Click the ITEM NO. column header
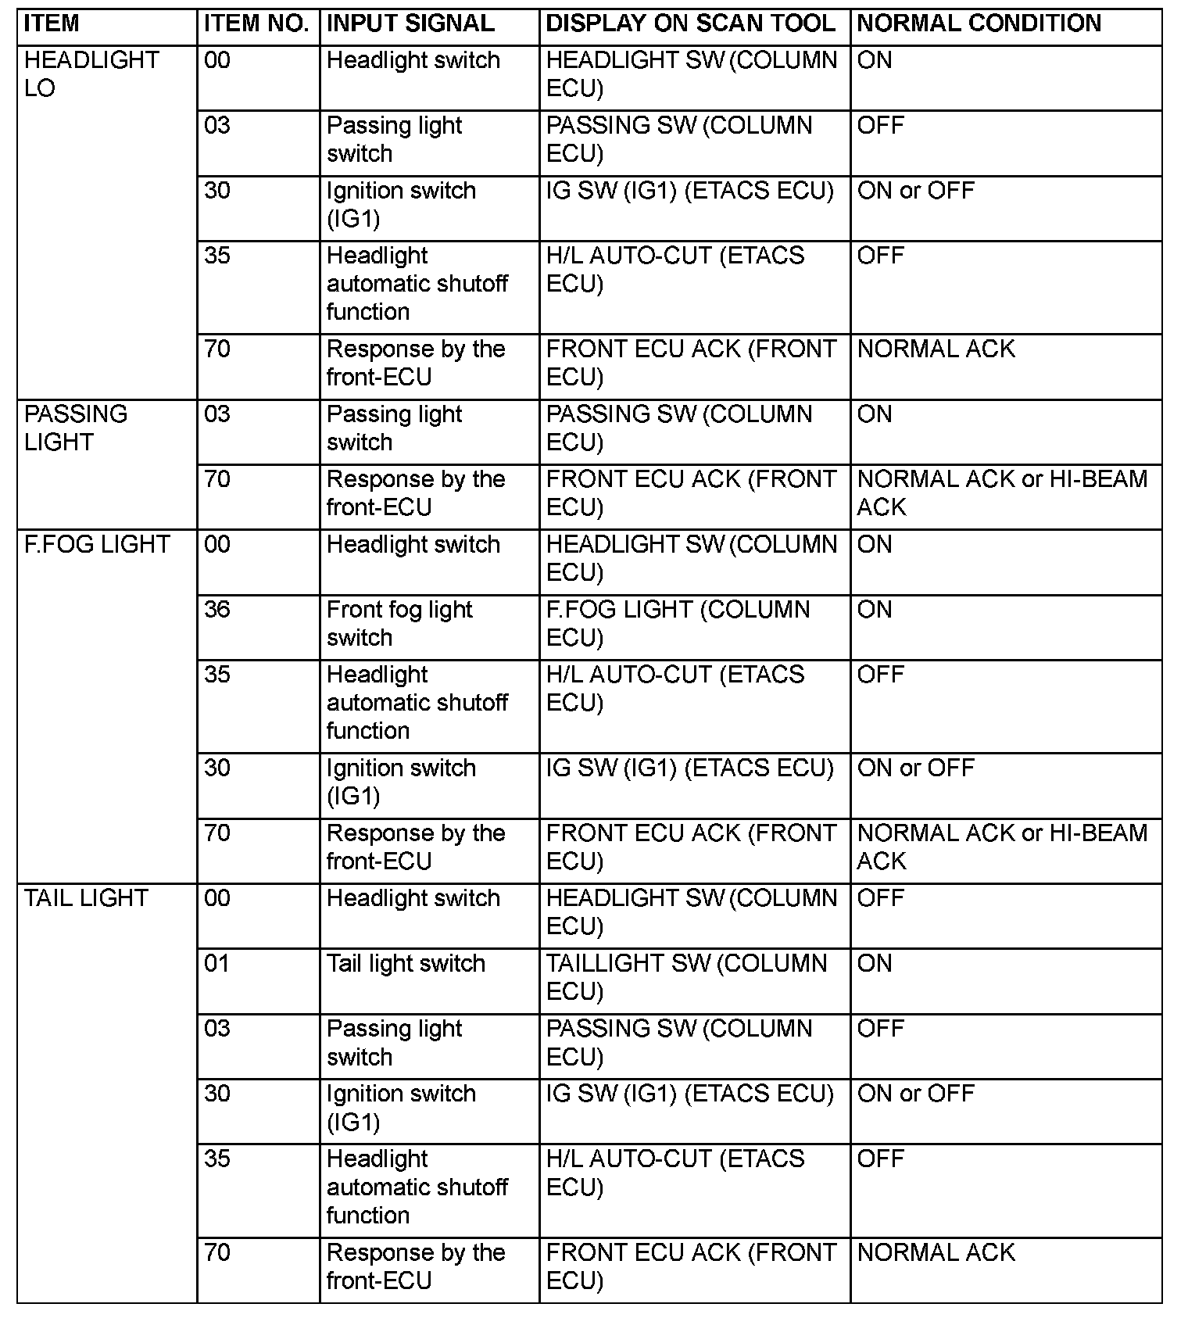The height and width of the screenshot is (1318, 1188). pos(256,23)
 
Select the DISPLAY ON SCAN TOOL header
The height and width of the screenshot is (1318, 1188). pos(690,23)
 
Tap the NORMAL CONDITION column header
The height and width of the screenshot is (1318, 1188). pos(979,23)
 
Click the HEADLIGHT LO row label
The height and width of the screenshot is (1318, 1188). pos(91,73)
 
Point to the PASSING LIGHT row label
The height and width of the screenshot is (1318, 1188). pos(76,428)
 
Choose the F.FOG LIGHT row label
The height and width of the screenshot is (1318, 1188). pos(97,544)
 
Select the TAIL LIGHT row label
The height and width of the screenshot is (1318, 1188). pos(86,898)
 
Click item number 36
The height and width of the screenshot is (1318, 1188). pos(217,609)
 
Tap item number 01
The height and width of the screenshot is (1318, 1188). pos(217,963)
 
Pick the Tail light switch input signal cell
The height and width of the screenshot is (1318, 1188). pos(406,963)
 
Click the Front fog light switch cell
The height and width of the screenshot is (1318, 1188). pos(399,623)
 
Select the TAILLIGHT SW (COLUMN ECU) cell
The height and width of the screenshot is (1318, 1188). pos(686,977)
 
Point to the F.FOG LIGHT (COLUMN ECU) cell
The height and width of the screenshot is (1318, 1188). pos(678,623)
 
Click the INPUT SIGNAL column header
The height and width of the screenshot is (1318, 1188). pos(410,23)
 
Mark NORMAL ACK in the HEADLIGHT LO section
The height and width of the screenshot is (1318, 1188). pos(936,349)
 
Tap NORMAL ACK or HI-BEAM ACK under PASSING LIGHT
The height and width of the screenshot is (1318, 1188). pos(1001,492)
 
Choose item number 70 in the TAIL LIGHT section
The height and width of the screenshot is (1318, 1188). pos(217,1252)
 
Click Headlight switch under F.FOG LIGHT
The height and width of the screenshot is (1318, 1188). pos(413,544)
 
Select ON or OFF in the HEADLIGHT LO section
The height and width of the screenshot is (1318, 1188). pos(915,191)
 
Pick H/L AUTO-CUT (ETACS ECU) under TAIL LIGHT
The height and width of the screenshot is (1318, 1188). pos(675,1173)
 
